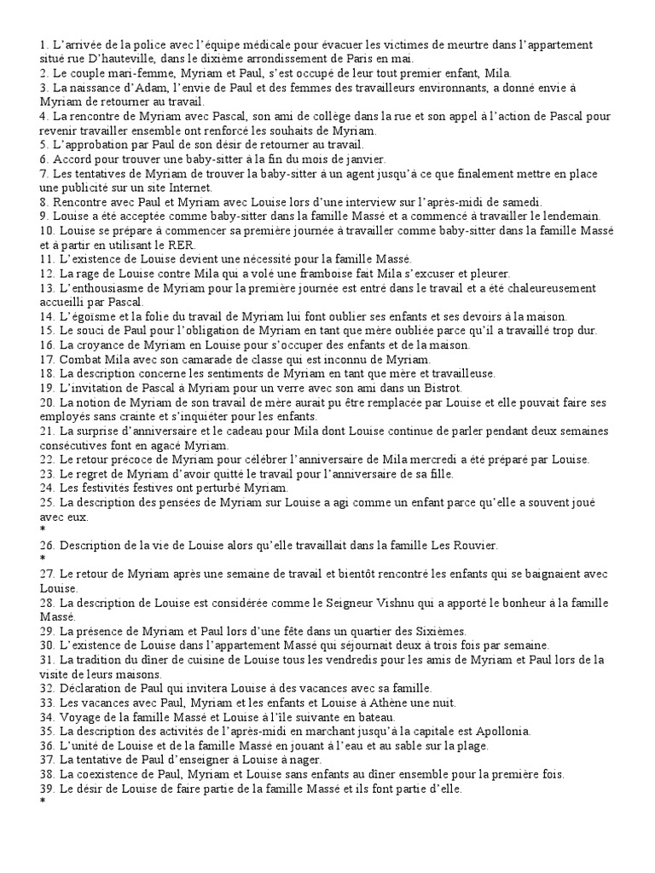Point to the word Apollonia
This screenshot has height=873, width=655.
(x=502, y=731)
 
